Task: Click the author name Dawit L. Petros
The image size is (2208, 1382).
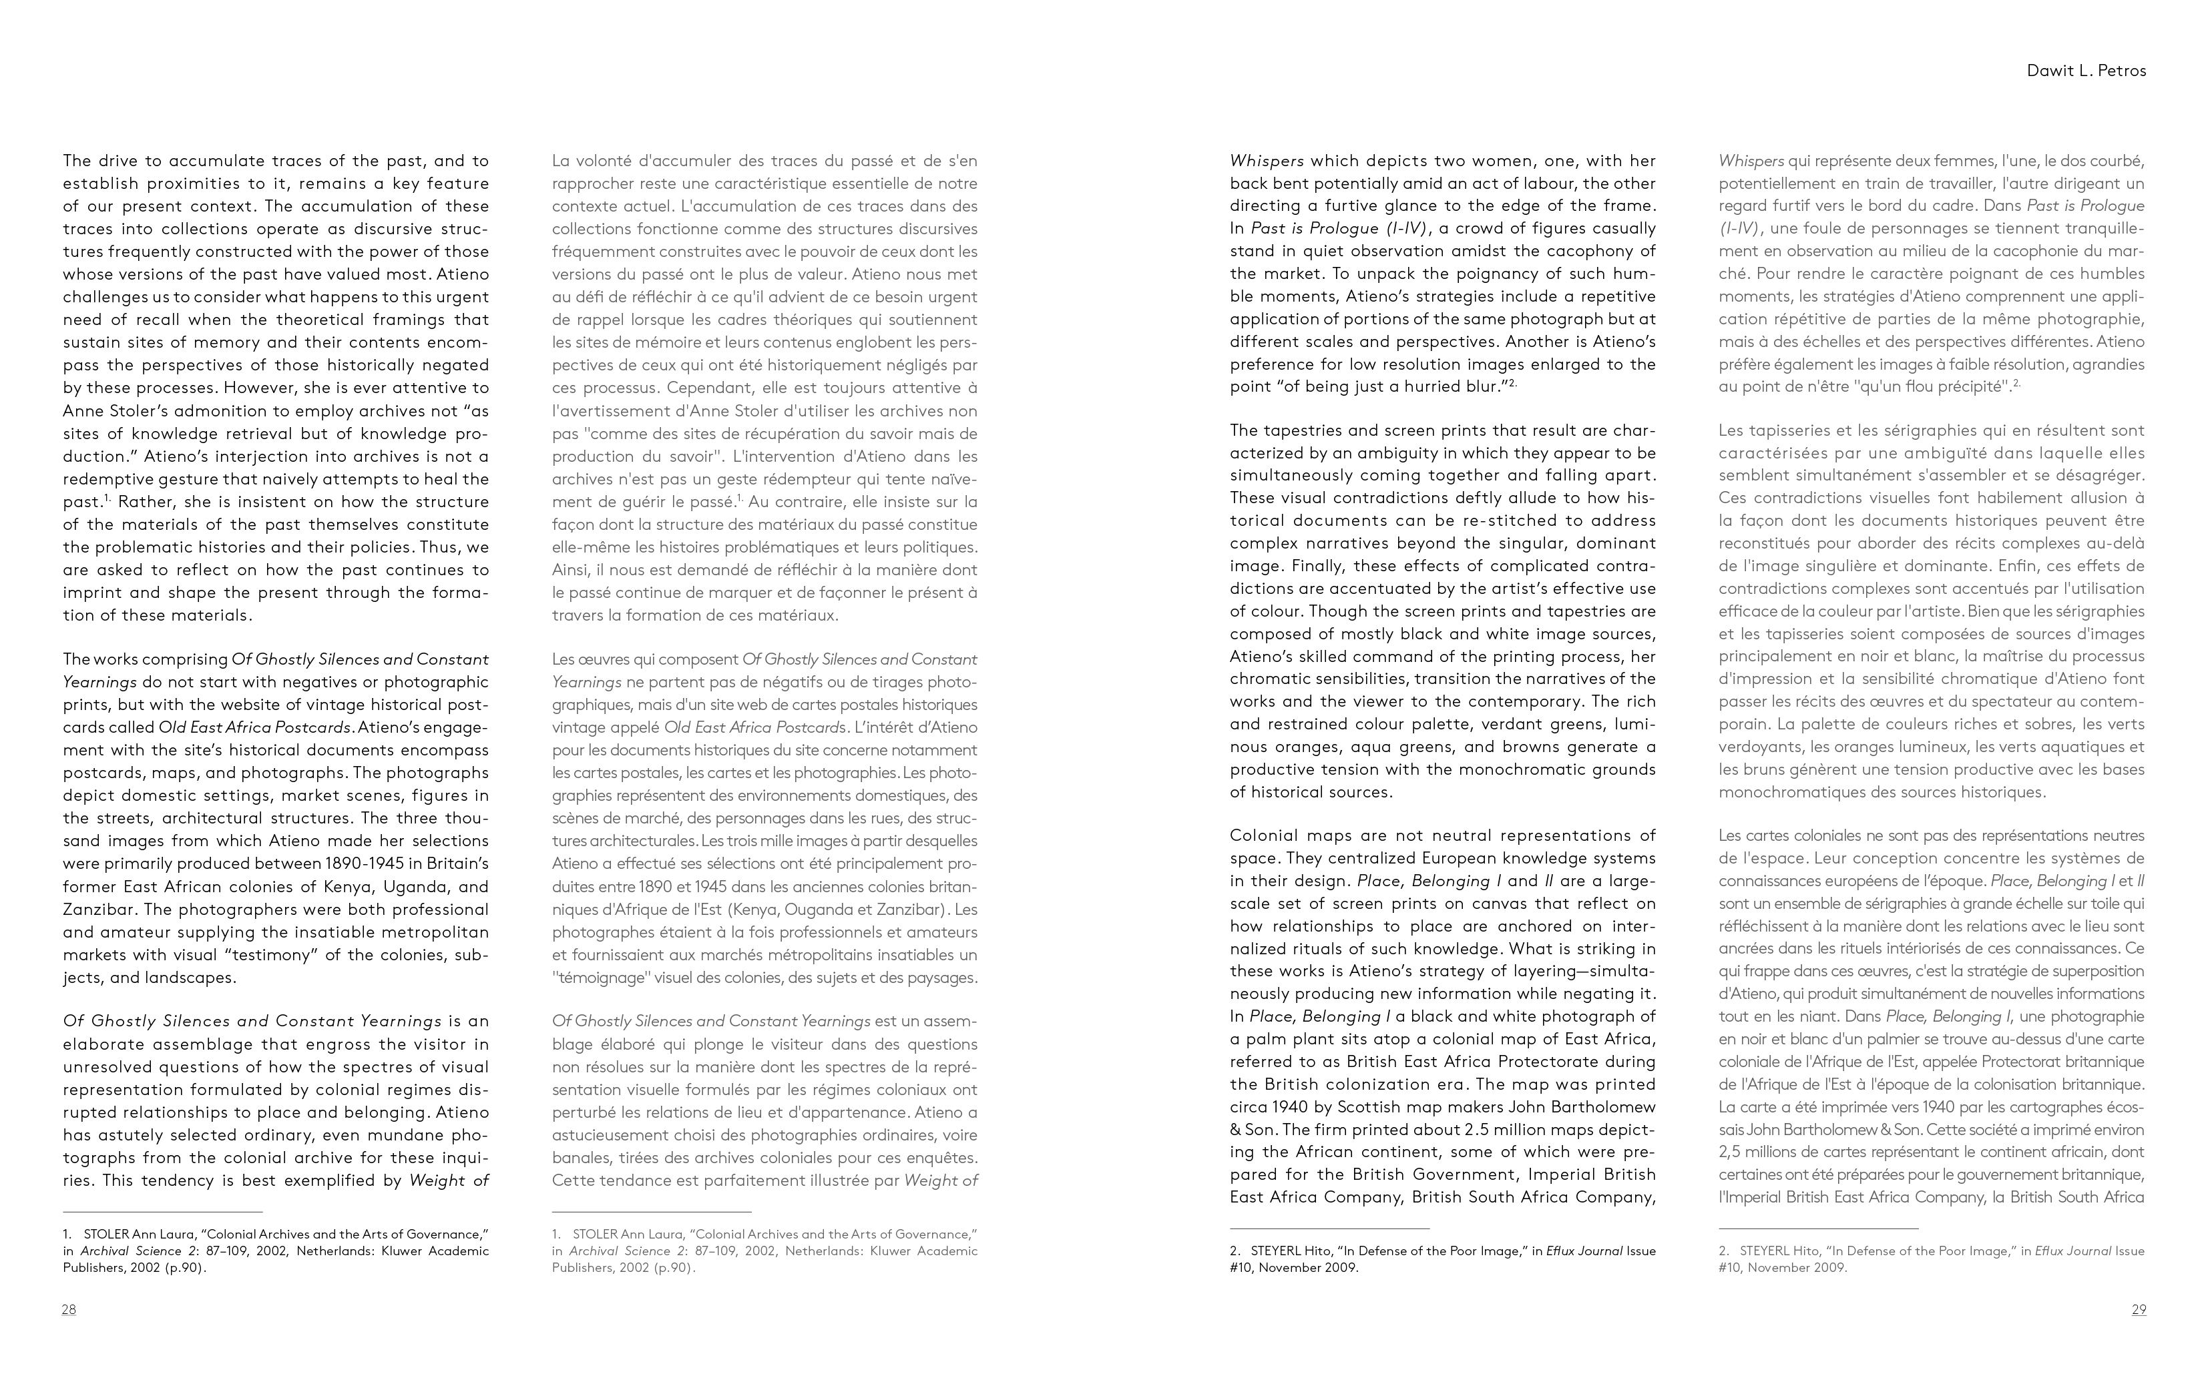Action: [x=2086, y=70]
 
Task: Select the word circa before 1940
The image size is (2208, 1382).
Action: [x=1253, y=1107]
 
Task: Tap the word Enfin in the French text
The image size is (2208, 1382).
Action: [x=2017, y=566]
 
